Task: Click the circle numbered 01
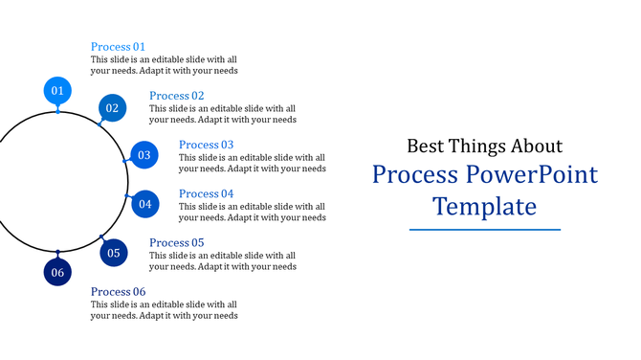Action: (57, 91)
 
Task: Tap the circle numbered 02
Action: (112, 108)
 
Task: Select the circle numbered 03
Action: (144, 155)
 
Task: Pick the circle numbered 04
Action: (144, 203)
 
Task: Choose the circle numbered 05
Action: (113, 253)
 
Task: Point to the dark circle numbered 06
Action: (57, 272)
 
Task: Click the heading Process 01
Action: (118, 46)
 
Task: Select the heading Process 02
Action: (176, 96)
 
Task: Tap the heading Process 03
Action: (206, 145)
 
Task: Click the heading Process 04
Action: (206, 193)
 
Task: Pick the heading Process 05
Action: (176, 243)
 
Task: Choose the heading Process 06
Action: (118, 292)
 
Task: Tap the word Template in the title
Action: (484, 207)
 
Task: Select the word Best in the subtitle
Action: (427, 146)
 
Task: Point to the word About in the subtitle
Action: (536, 146)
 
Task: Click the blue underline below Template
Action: (484, 230)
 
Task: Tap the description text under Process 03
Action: (252, 163)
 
